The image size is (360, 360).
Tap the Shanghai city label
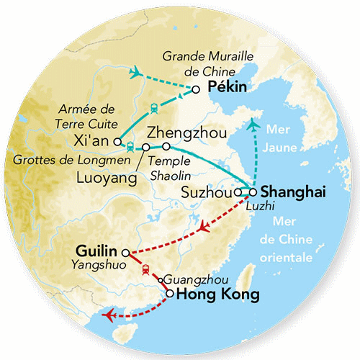[x=293, y=192]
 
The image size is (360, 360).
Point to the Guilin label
[x=96, y=251]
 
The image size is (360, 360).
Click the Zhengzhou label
[x=186, y=133]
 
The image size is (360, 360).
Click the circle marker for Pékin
[x=196, y=89]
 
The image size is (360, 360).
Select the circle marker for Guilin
[x=125, y=253]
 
